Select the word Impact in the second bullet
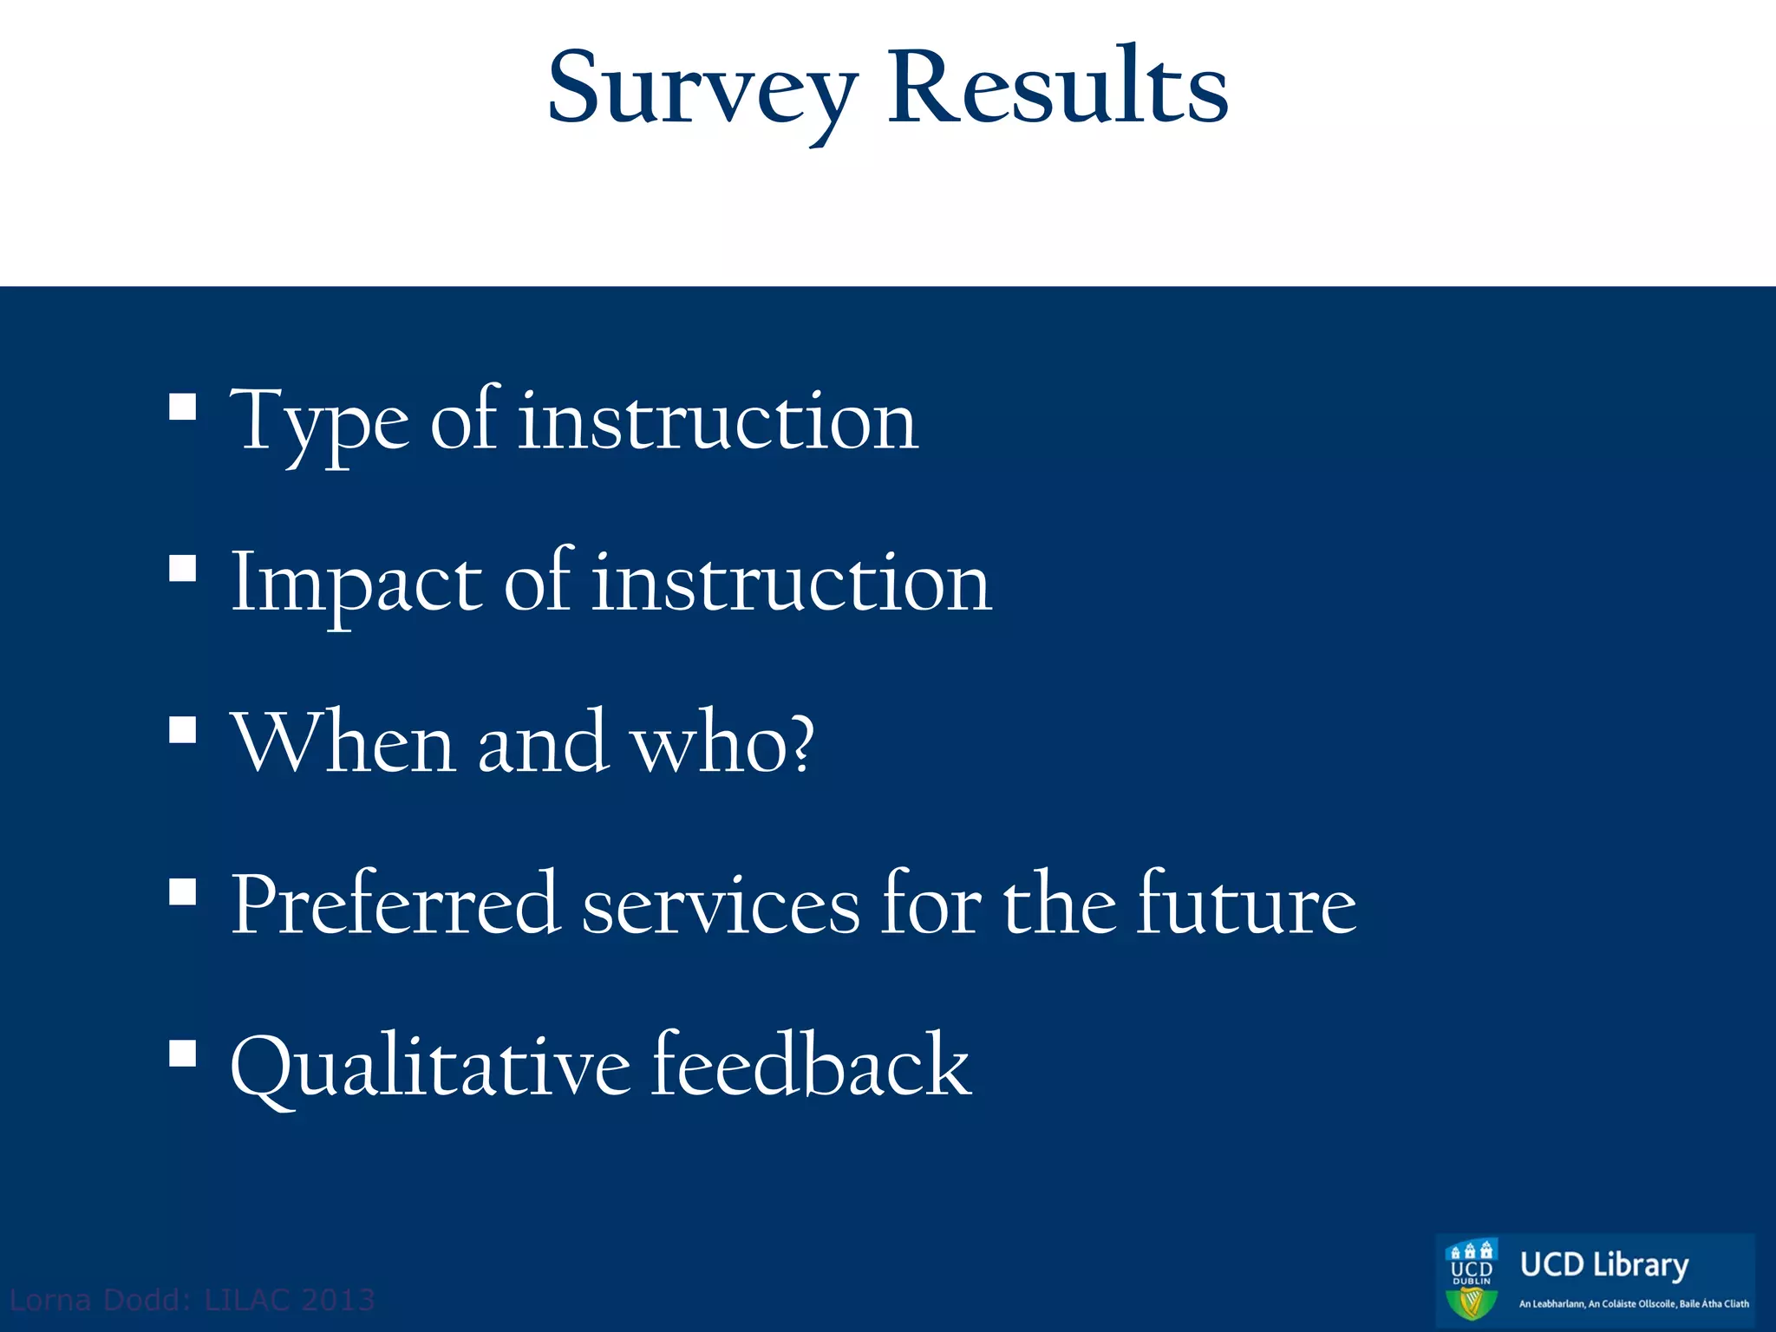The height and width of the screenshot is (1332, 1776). tap(356, 584)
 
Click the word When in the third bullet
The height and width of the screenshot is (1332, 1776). tap(343, 743)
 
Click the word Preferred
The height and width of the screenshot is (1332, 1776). tap(394, 904)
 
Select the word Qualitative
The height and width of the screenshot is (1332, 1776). tap(430, 1067)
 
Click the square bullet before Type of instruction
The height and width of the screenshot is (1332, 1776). tap(183, 408)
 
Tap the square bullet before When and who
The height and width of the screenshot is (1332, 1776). tap(183, 730)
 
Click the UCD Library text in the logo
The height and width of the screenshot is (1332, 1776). tap(1603, 1265)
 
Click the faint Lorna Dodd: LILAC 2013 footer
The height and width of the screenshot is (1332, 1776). tap(192, 1300)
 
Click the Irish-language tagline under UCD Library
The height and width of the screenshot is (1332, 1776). tap(1633, 1303)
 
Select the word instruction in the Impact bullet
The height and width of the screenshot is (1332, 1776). tap(791, 584)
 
